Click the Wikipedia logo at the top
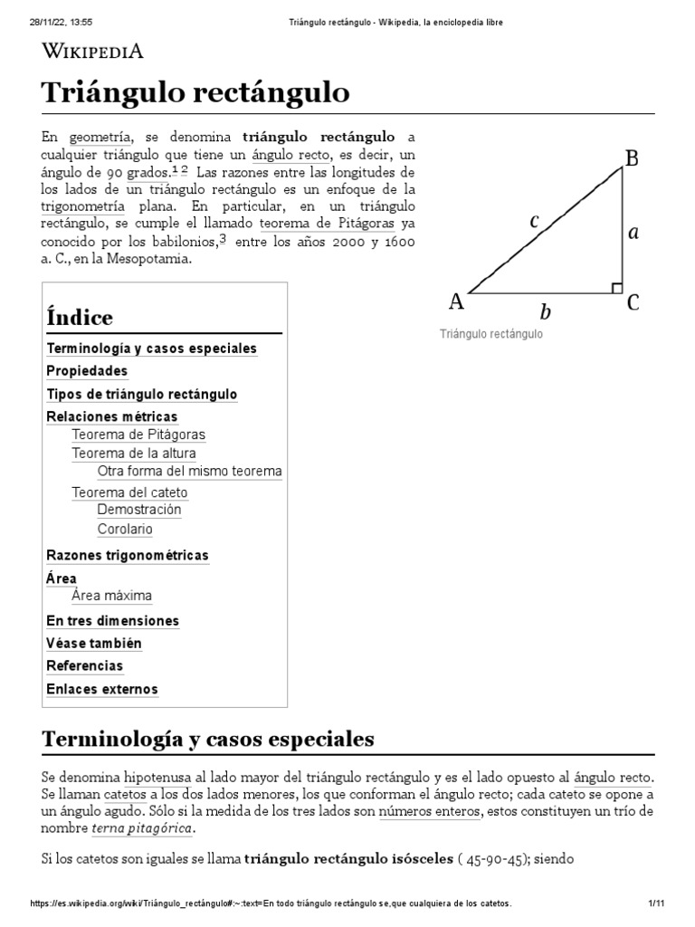(93, 51)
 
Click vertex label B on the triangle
(633, 159)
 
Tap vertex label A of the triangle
(457, 301)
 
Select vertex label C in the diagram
(633, 302)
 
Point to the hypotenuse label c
(535, 219)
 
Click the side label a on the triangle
(633, 233)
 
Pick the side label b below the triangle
(545, 312)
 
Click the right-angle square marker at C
(616, 288)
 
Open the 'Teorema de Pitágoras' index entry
(138, 435)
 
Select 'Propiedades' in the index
(87, 371)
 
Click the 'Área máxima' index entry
(111, 596)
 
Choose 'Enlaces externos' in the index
(101, 689)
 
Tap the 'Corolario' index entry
(125, 530)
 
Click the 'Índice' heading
(79, 318)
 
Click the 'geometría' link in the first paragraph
(100, 138)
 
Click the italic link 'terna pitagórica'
(142, 828)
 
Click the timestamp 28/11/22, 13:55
(56, 21)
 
